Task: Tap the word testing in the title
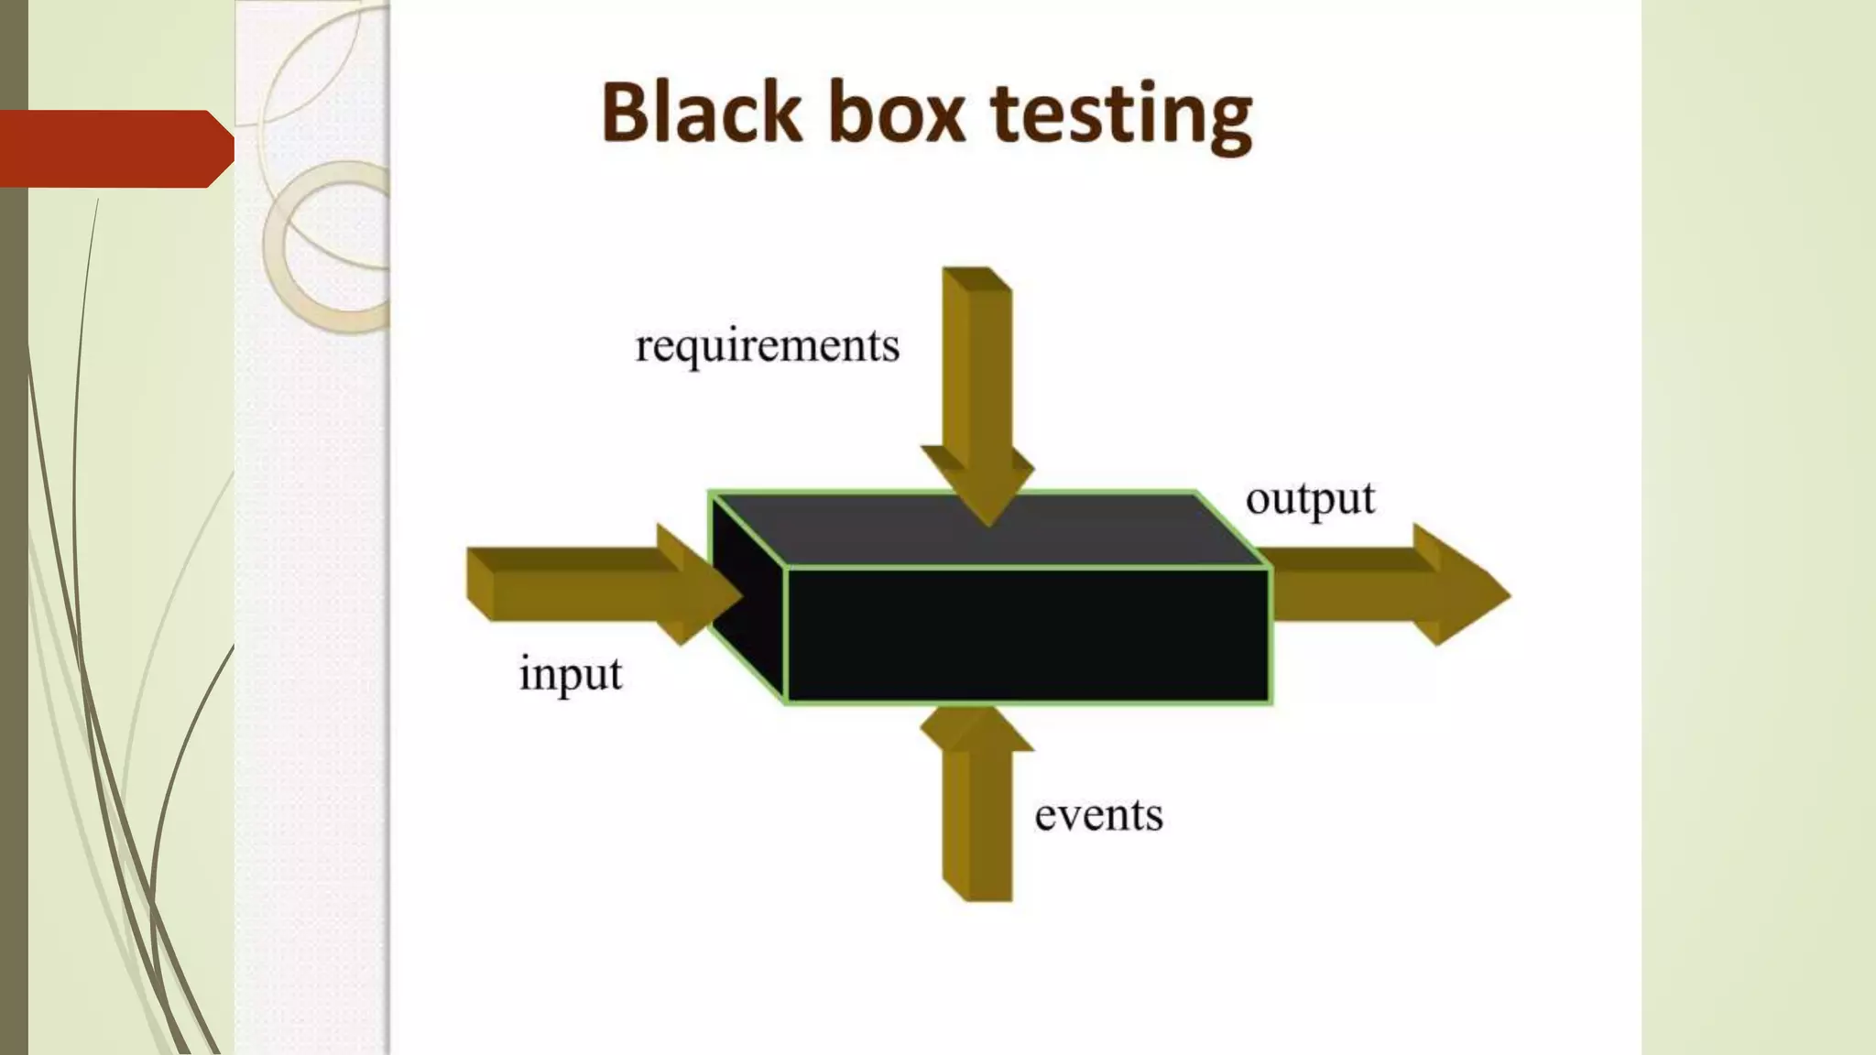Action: pos(1121,116)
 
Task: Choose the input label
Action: pos(571,676)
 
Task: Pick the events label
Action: pos(1098,815)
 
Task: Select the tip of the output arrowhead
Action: pos(1506,595)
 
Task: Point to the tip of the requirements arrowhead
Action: pos(988,524)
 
